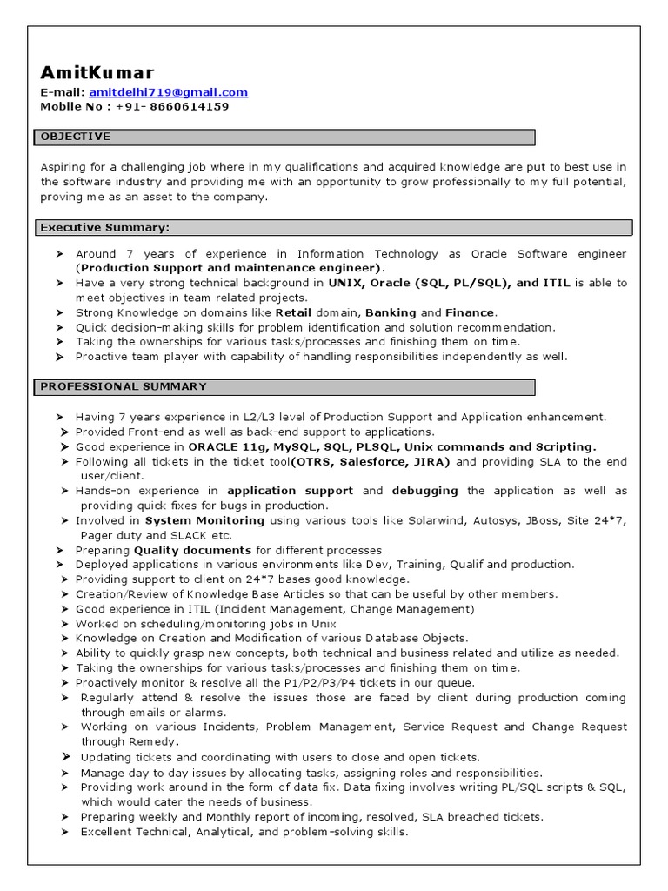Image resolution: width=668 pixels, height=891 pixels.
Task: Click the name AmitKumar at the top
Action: pos(97,72)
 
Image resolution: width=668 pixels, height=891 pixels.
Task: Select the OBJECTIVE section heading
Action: pos(76,137)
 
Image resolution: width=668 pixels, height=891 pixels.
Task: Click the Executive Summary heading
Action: pos(104,227)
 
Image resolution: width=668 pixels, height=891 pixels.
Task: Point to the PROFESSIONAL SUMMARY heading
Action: pos(124,386)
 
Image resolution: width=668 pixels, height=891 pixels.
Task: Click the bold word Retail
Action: pos(293,312)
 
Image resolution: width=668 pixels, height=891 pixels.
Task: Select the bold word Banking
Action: pos(391,312)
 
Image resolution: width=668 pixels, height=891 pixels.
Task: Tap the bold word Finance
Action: pos(470,312)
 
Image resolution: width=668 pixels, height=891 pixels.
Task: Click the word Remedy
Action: pos(151,741)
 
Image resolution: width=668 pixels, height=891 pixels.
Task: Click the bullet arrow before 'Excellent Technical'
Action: pos(65,832)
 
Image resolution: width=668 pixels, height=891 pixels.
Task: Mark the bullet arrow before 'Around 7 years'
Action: pos(60,254)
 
